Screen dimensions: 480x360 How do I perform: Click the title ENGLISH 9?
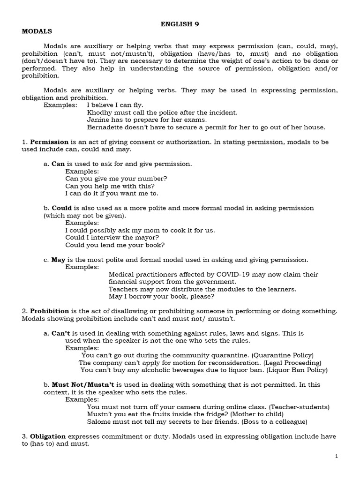[x=180, y=25]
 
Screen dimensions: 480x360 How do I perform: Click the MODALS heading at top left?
[x=37, y=31]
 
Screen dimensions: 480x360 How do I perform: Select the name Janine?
[x=97, y=120]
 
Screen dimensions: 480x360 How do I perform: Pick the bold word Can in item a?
[x=58, y=164]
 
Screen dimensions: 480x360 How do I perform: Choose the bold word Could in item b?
[x=61, y=208]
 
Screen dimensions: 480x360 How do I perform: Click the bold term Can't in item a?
[x=60, y=333]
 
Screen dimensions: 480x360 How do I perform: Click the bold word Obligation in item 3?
[x=48, y=436]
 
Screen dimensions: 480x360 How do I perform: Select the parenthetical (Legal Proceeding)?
[x=292, y=363]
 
